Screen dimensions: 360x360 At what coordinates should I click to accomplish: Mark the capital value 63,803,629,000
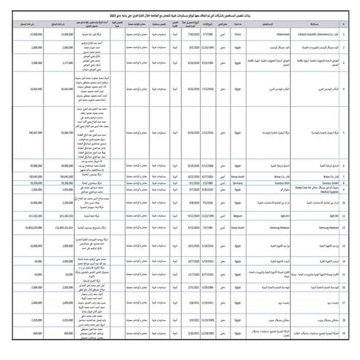pyautogui.click(x=28, y=228)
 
